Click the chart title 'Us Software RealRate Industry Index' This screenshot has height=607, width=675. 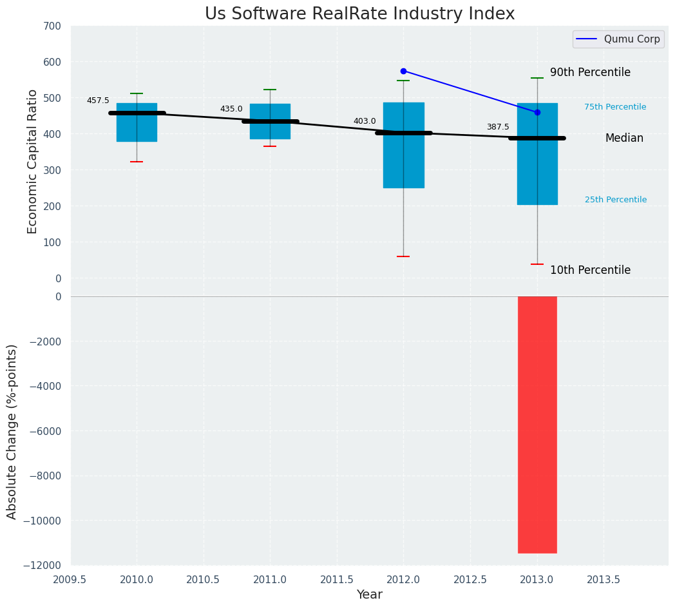pos(359,14)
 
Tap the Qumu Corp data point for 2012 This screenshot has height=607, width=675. pos(403,71)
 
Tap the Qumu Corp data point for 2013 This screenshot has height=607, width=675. pos(537,112)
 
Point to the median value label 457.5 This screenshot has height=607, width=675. pos(98,101)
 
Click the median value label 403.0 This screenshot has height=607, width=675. pos(365,121)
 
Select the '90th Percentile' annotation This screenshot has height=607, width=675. pos(590,73)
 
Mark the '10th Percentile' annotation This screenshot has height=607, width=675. pos(590,271)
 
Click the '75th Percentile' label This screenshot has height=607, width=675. pos(615,107)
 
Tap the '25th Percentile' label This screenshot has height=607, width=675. pos(616,200)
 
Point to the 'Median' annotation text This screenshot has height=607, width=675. pos(624,139)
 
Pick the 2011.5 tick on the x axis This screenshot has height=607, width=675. pos(337,580)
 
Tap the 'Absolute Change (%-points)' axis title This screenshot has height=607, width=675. pos(12,431)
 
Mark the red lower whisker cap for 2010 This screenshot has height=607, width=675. pos(137,162)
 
